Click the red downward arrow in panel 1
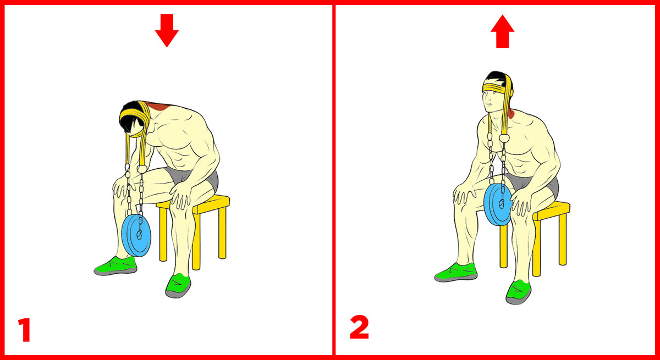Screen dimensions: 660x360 click(x=167, y=31)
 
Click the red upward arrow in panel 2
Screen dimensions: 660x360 click(x=502, y=31)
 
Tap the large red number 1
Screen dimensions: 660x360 click(x=25, y=330)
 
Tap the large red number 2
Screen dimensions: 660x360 click(x=359, y=327)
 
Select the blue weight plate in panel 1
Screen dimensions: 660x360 click(x=136, y=235)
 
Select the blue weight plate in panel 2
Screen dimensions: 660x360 click(x=497, y=204)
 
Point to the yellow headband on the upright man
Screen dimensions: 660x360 click(x=496, y=88)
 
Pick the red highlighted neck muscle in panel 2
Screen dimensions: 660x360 click(x=511, y=113)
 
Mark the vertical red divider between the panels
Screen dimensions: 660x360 click(x=333, y=180)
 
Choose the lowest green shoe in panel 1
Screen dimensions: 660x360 click(x=178, y=286)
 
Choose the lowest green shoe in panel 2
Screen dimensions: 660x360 click(x=518, y=292)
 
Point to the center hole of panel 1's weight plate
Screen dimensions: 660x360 click(x=139, y=235)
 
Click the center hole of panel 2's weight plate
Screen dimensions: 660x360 click(x=501, y=204)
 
